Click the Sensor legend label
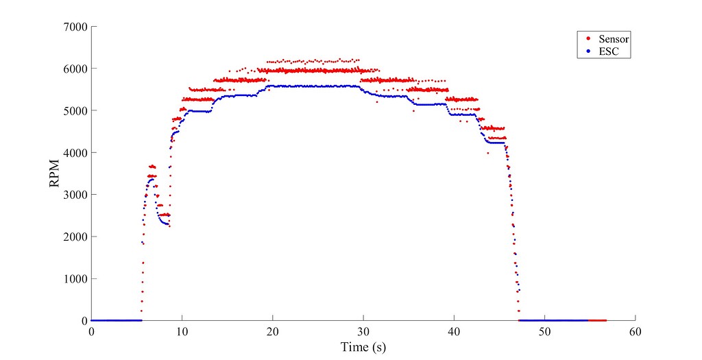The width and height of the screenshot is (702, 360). point(614,38)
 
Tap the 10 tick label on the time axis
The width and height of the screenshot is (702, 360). point(182,332)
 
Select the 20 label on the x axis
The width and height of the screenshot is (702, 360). point(273,332)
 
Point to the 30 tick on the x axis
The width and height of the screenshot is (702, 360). point(363,332)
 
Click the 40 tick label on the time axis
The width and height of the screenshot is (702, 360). point(454,332)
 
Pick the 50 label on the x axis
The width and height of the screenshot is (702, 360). point(544,332)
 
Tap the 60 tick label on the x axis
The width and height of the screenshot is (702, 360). point(635,332)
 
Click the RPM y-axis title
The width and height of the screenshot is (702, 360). point(54,174)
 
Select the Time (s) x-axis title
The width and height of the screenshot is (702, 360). point(363,347)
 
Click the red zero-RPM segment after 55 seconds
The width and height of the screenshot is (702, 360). point(597,320)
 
